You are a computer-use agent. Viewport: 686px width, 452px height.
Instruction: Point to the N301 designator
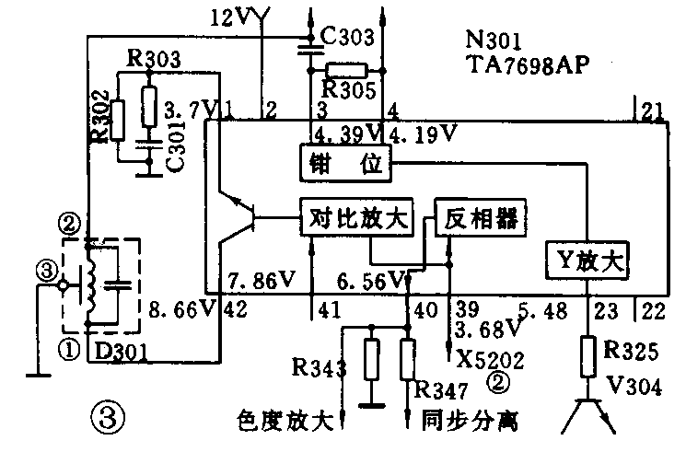click(494, 41)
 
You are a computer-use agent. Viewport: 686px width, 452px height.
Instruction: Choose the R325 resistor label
click(629, 349)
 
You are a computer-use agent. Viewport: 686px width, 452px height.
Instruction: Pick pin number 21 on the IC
click(653, 112)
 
